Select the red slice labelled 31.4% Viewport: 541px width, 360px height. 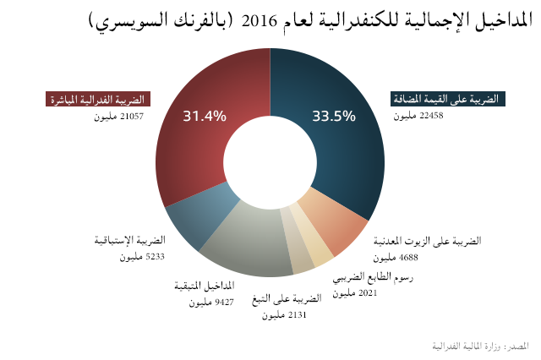[199, 144]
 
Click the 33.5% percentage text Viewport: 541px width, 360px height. [333, 117]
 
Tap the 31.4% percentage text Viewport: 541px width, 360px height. [205, 117]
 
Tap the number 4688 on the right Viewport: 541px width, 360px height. [385, 256]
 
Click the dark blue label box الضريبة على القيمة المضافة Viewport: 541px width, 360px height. [445, 100]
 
